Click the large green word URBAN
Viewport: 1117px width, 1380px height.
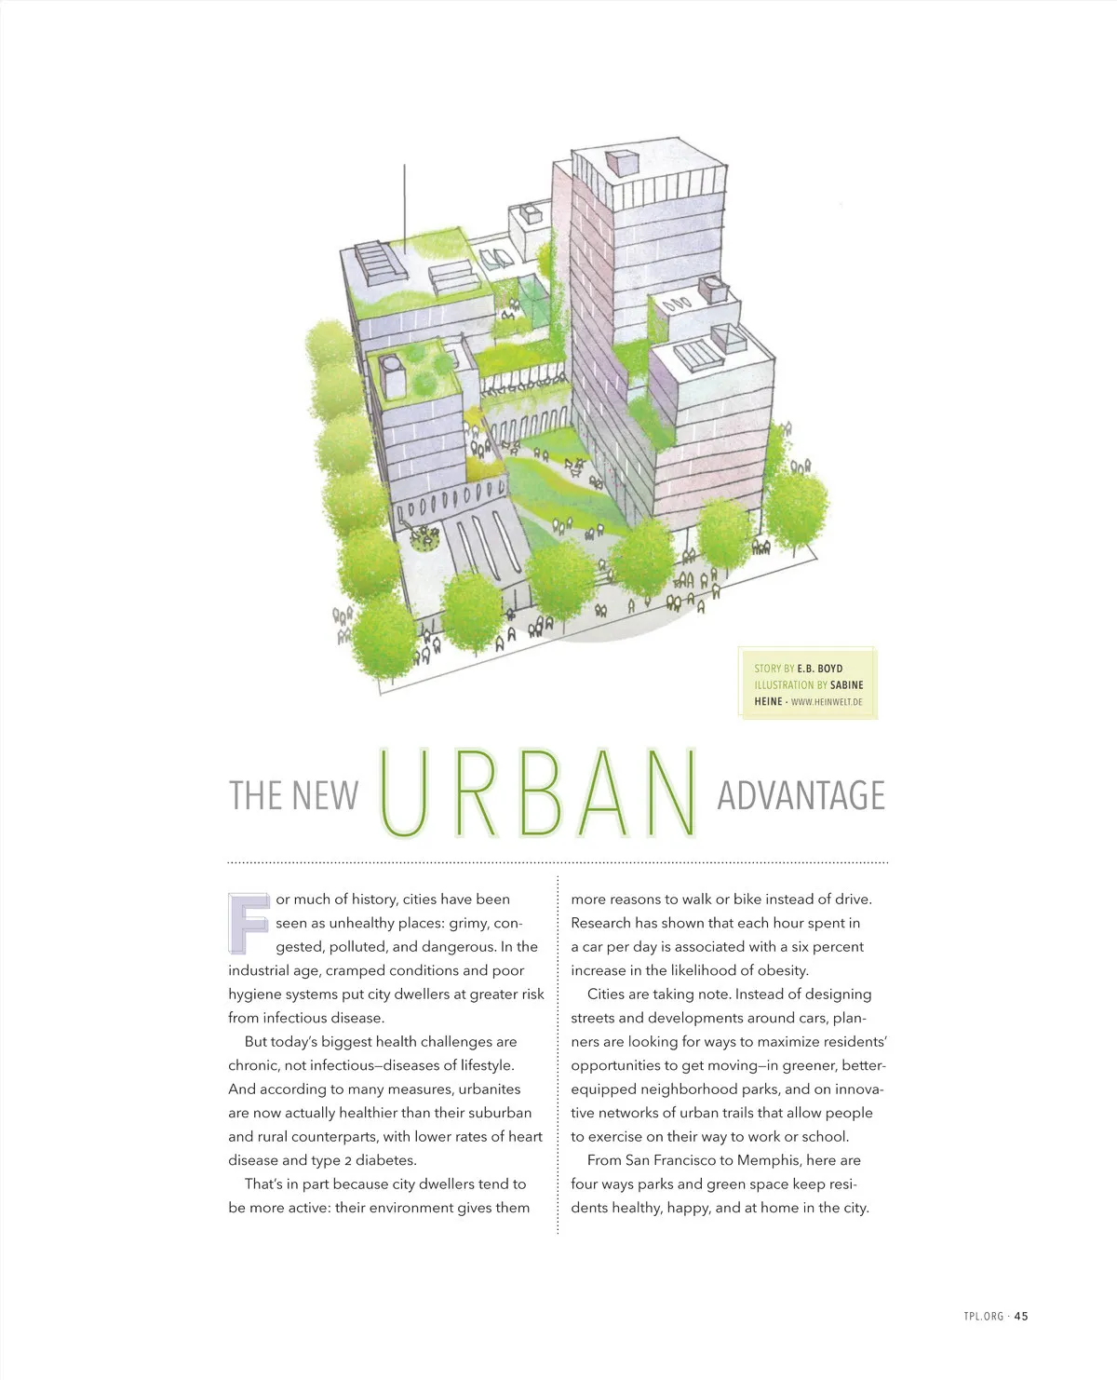pyautogui.click(x=538, y=793)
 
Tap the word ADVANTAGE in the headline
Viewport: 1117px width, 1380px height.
pyautogui.click(x=801, y=796)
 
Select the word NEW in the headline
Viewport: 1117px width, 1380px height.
pyautogui.click(x=325, y=796)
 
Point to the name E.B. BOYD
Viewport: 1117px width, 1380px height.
pyautogui.click(x=819, y=669)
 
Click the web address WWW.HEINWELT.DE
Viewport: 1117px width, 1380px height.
pyautogui.click(x=827, y=702)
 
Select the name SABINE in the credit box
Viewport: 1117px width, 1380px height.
pyautogui.click(x=846, y=685)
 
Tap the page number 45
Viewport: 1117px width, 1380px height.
pyautogui.click(x=1021, y=1316)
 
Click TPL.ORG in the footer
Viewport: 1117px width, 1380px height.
pyautogui.click(x=984, y=1316)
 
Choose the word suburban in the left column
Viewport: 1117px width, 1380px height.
pyautogui.click(x=500, y=1113)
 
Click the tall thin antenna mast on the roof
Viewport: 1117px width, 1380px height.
pyautogui.click(x=405, y=201)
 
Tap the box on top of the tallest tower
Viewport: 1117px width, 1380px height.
pyautogui.click(x=618, y=162)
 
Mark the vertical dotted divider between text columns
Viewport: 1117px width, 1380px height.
pyautogui.click(x=558, y=1052)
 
